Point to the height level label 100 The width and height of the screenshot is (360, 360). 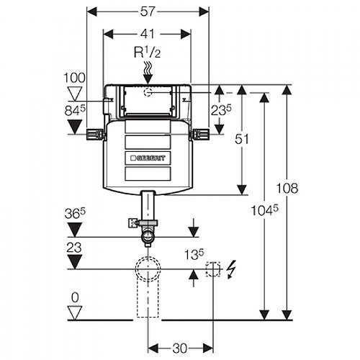(x=74, y=76)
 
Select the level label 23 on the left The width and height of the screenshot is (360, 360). (x=74, y=246)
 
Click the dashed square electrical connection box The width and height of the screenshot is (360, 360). (x=212, y=270)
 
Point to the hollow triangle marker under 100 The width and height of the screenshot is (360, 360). (x=74, y=91)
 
